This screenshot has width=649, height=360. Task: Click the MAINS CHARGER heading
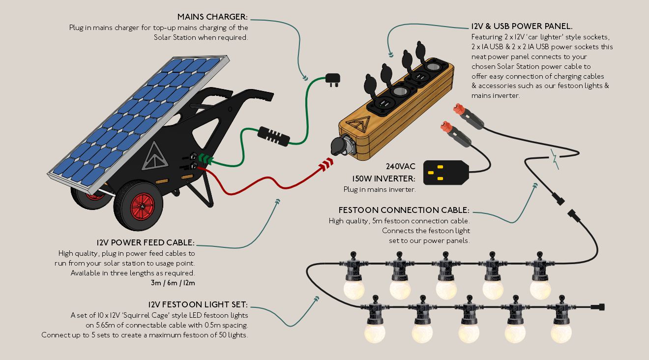[x=212, y=17]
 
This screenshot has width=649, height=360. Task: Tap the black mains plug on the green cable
[x=332, y=80]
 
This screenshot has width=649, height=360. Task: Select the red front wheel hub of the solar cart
[x=142, y=206]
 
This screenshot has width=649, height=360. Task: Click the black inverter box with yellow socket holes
[x=446, y=173]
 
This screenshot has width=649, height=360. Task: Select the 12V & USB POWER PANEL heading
[x=522, y=27]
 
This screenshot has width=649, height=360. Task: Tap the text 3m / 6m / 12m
[x=173, y=283]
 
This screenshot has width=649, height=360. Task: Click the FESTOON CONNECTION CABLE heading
[x=404, y=210]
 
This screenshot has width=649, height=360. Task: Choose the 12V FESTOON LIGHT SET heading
[x=198, y=304]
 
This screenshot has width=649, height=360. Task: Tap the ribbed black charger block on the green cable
[x=273, y=136]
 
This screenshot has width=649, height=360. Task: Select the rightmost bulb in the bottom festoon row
[x=561, y=333]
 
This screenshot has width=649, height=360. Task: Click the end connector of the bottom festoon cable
[x=597, y=307]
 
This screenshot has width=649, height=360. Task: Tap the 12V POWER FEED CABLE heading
[x=146, y=242]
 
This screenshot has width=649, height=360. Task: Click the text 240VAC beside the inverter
[x=400, y=166]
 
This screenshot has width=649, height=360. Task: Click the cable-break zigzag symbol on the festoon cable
[x=555, y=159]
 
